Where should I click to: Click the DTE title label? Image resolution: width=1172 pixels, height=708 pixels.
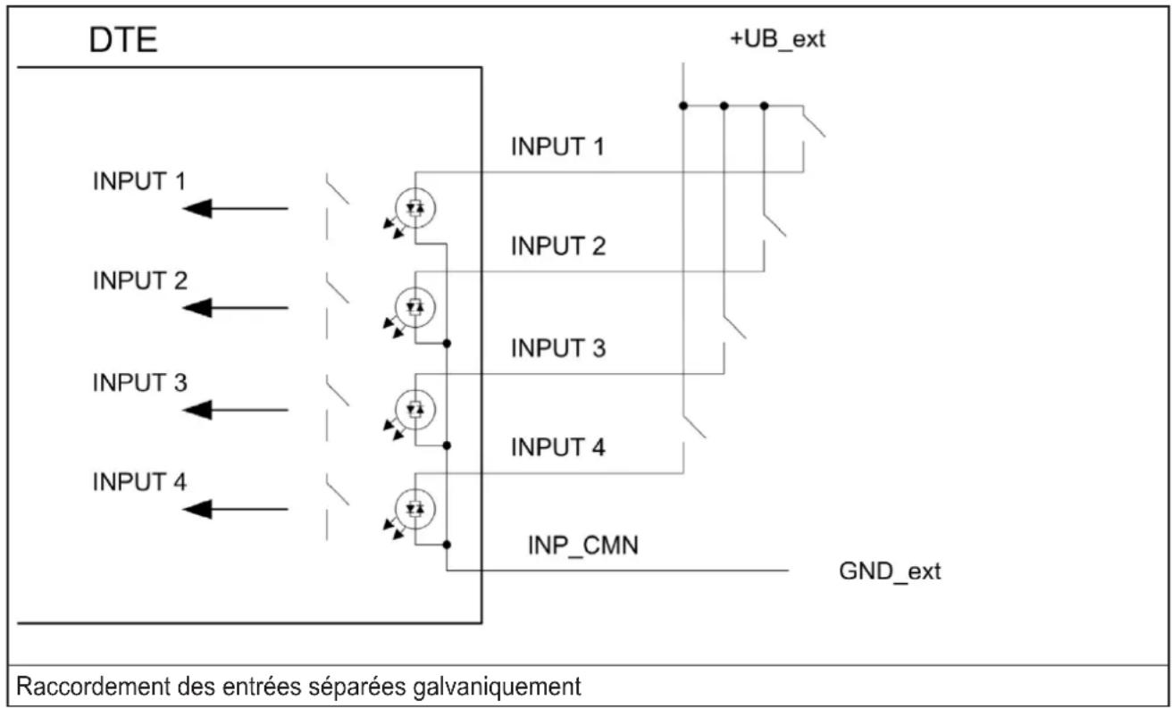click(123, 40)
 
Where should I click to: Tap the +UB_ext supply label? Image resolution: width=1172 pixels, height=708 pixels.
click(777, 39)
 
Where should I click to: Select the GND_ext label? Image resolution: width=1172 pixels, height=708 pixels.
click(890, 571)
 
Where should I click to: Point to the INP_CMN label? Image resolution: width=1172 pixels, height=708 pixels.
click(582, 546)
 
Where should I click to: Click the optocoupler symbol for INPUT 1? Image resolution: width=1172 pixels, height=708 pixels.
click(414, 208)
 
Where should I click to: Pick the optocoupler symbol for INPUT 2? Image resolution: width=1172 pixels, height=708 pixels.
click(414, 307)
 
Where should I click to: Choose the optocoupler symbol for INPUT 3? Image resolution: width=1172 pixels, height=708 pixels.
click(414, 410)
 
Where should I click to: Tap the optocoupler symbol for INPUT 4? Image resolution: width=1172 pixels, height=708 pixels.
click(414, 509)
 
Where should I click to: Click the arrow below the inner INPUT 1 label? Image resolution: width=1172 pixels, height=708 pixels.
click(235, 209)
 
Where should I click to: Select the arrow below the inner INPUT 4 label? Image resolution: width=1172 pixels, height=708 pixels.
click(235, 509)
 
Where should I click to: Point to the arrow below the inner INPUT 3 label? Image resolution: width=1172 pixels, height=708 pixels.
click(235, 410)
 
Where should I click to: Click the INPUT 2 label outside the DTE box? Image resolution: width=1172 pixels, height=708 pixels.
click(557, 246)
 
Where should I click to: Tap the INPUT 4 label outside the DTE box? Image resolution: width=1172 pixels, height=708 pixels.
click(557, 447)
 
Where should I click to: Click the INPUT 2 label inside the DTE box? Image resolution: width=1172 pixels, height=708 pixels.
click(139, 281)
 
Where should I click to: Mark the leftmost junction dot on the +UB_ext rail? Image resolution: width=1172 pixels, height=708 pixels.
click(683, 105)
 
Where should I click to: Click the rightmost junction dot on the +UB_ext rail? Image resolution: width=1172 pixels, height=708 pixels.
click(764, 105)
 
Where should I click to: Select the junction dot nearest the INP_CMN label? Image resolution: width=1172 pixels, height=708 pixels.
click(447, 545)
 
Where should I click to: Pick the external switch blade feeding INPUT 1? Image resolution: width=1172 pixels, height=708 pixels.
click(814, 121)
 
